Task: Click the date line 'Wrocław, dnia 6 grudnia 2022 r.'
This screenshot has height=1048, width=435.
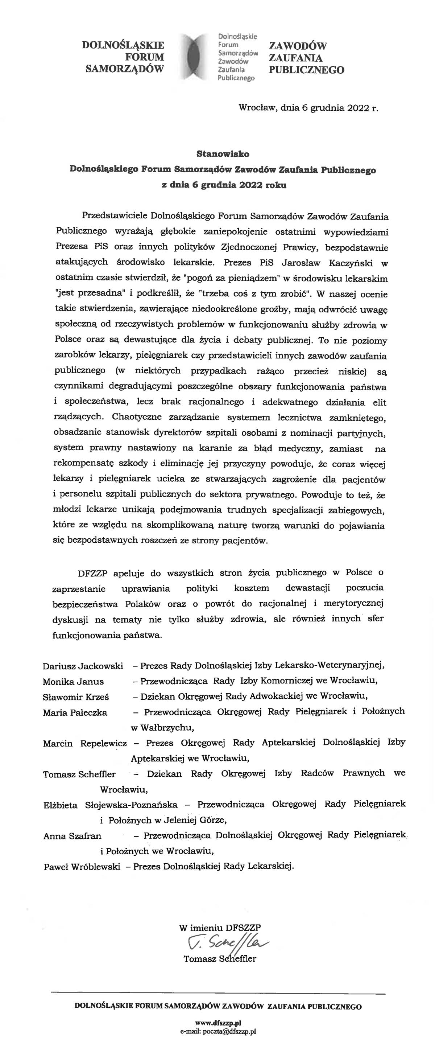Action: pyautogui.click(x=308, y=108)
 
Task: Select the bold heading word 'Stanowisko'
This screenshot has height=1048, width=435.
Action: pyautogui.click(x=223, y=154)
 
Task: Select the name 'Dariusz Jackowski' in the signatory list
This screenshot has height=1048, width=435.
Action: pyautogui.click(x=83, y=666)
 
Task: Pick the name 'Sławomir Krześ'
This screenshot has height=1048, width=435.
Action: pyautogui.click(x=76, y=697)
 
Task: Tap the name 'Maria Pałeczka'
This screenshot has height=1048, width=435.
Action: pyautogui.click(x=75, y=712)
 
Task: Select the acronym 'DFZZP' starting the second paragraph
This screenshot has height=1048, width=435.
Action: pyautogui.click(x=93, y=573)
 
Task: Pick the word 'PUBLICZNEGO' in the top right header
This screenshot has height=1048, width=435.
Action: pyautogui.click(x=306, y=70)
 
